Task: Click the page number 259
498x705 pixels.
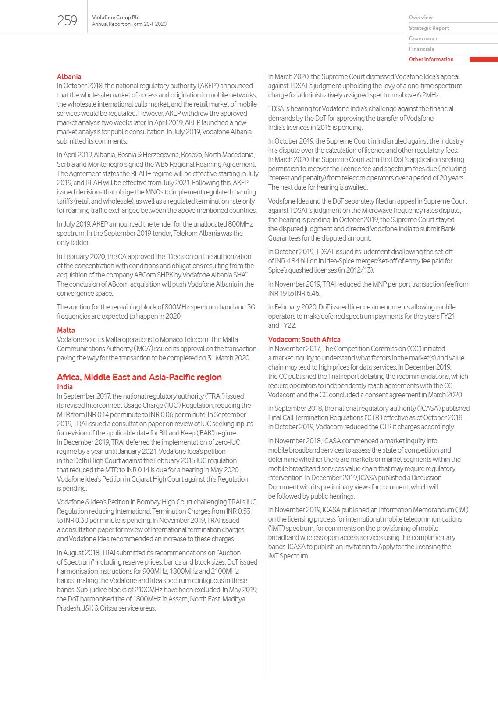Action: coord(67,21)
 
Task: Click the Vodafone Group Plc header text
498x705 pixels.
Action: coord(116,18)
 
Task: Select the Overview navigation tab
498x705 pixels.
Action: coord(420,18)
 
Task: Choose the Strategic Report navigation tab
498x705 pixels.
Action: coord(429,28)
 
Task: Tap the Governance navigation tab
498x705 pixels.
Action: coord(423,39)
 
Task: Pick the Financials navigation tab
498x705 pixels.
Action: coord(421,49)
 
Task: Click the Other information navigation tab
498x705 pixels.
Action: coord(431,59)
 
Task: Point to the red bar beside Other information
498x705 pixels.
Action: coord(483,59)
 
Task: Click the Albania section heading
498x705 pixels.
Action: coord(69,76)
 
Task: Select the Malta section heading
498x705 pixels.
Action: coord(66,330)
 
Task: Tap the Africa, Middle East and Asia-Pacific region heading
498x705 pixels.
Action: coord(139,377)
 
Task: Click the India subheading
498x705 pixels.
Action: coord(64,387)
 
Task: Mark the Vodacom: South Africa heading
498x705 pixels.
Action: coord(304,339)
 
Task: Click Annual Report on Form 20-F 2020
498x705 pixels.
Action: coord(129,25)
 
